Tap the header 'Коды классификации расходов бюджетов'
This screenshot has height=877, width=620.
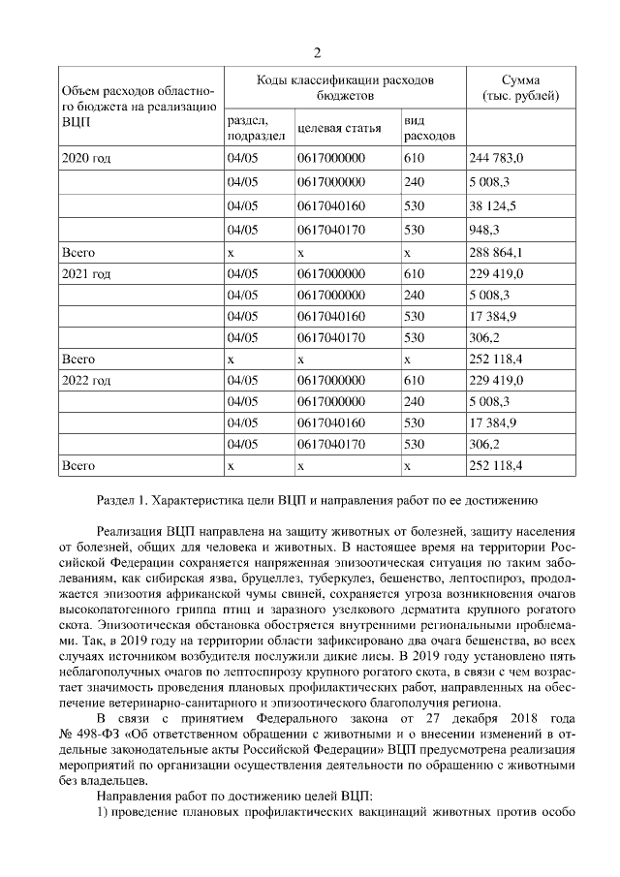pyautogui.click(x=344, y=88)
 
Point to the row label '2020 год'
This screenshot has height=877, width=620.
pyautogui.click(x=86, y=158)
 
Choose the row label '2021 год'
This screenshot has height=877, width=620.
pyautogui.click(x=86, y=274)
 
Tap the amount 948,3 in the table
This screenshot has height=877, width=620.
pyautogui.click(x=484, y=229)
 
